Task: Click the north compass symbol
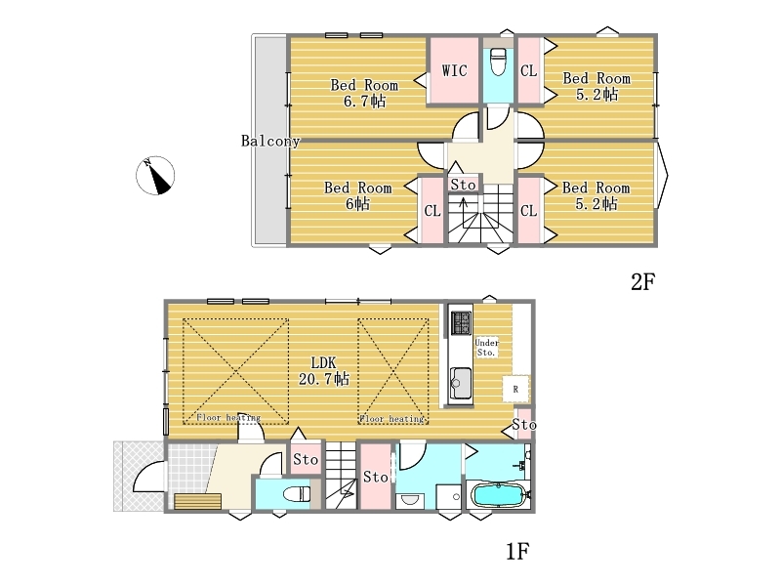tap(155, 176)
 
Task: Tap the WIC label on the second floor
tap(454, 70)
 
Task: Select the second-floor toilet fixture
tap(498, 61)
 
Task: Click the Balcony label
tap(270, 141)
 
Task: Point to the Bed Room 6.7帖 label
tap(364, 93)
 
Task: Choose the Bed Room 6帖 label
tap(357, 195)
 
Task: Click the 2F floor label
tap(642, 282)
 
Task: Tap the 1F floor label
tap(517, 552)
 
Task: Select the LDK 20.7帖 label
tap(324, 370)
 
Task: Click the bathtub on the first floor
tap(498, 496)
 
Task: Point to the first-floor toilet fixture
tap(297, 494)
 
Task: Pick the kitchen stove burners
tap(461, 323)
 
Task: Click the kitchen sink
tap(461, 383)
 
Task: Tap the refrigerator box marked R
tap(515, 389)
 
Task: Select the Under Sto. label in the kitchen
tap(486, 348)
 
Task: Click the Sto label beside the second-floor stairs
tap(463, 185)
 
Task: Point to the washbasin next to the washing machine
tap(410, 500)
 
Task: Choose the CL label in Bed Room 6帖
tap(432, 211)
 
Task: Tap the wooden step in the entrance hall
tap(198, 501)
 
